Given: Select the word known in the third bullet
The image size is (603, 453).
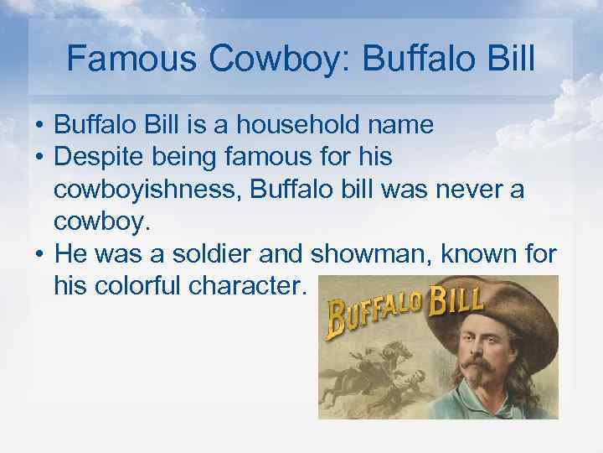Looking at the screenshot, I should coord(473,253).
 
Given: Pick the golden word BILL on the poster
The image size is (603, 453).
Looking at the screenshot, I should coord(456,299).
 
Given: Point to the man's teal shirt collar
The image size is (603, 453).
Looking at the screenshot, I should coord(469,407).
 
